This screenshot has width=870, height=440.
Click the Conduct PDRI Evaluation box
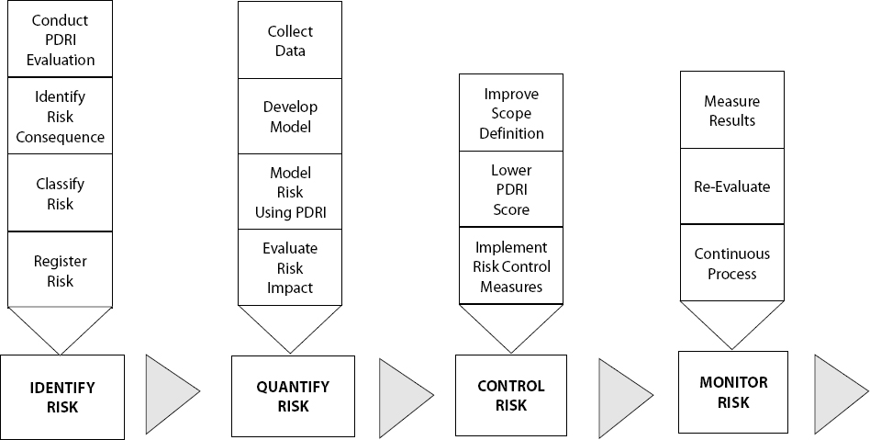(x=61, y=39)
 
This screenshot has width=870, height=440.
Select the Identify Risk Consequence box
(x=61, y=117)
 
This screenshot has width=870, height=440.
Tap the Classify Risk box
(x=61, y=193)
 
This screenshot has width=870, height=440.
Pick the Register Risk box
(x=61, y=270)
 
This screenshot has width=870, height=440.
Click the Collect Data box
(x=290, y=40)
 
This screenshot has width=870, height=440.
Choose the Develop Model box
(x=290, y=116)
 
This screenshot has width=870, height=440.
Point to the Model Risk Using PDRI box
(x=290, y=192)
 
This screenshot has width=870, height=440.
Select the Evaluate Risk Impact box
(x=290, y=267)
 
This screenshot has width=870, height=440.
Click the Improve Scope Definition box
(x=511, y=113)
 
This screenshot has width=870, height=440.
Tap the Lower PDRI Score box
(x=511, y=189)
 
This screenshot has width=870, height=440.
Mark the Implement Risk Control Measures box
(x=511, y=265)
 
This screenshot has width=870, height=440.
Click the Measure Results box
(x=731, y=110)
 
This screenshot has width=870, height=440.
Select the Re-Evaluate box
(x=731, y=186)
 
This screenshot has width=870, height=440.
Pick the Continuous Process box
(x=731, y=263)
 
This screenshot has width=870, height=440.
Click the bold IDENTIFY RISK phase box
(x=62, y=397)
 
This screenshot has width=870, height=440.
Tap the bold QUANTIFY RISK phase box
(x=292, y=397)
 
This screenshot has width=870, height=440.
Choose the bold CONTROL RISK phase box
(x=511, y=397)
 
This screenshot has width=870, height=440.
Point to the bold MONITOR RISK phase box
(x=733, y=391)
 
